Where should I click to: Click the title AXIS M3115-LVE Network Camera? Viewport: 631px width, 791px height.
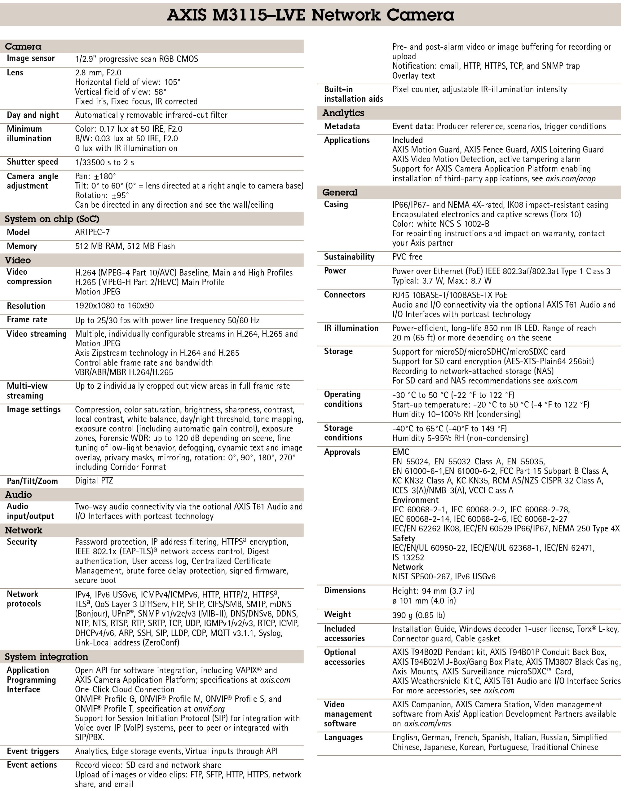point(310,15)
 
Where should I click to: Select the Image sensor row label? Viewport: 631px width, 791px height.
point(31,58)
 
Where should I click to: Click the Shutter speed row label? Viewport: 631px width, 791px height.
point(32,162)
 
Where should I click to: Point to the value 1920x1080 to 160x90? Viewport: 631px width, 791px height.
point(114,306)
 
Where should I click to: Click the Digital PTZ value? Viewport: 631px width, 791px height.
point(94,480)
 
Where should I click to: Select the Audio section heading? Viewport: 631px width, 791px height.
point(18,495)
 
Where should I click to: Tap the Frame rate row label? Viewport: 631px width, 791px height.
point(27,319)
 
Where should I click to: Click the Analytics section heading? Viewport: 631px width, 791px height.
point(343,113)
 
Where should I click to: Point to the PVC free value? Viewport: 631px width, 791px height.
point(407,257)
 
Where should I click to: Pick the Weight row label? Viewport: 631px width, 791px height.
point(337,614)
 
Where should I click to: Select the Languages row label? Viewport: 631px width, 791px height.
point(343,738)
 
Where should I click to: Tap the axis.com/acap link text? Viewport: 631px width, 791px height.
point(570,179)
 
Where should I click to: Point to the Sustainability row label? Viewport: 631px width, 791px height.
point(349,257)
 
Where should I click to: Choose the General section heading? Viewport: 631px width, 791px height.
point(339,192)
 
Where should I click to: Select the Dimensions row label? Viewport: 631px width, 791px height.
point(345,590)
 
